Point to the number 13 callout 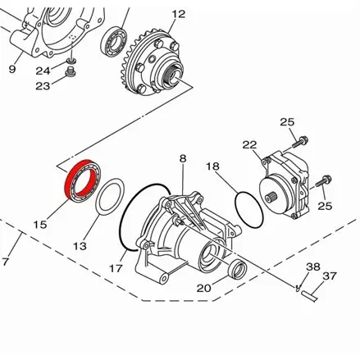pyautogui.click(x=79, y=245)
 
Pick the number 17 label pyautogui.click(x=116, y=267)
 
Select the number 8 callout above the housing pyautogui.click(x=183, y=157)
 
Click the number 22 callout pyautogui.click(x=249, y=144)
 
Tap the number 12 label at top pyautogui.click(x=178, y=14)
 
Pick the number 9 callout pyautogui.click(x=12, y=69)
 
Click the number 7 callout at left pyautogui.click(x=7, y=262)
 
